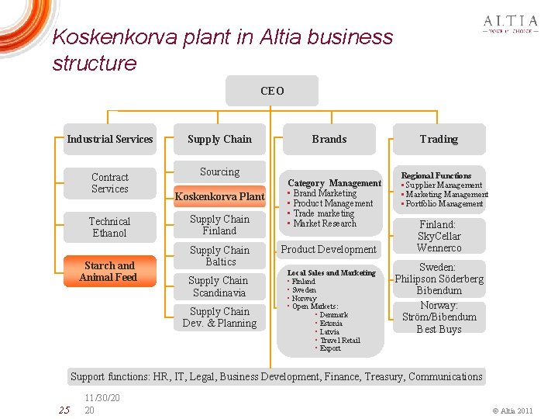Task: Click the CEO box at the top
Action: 272,91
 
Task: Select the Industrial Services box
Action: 110,140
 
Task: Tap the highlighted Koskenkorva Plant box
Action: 219,196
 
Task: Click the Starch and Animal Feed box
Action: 109,271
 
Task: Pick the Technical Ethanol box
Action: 109,227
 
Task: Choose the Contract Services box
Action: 109,183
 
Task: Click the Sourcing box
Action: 219,171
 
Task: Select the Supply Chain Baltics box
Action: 219,256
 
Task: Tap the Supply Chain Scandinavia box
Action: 219,286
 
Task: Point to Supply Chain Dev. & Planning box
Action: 219,317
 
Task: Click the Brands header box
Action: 329,140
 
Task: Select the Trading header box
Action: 439,140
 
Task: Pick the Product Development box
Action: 329,249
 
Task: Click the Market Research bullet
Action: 325,223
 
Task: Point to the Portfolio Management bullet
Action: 444,204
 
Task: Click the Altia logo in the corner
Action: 510,24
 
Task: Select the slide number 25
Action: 64,409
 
